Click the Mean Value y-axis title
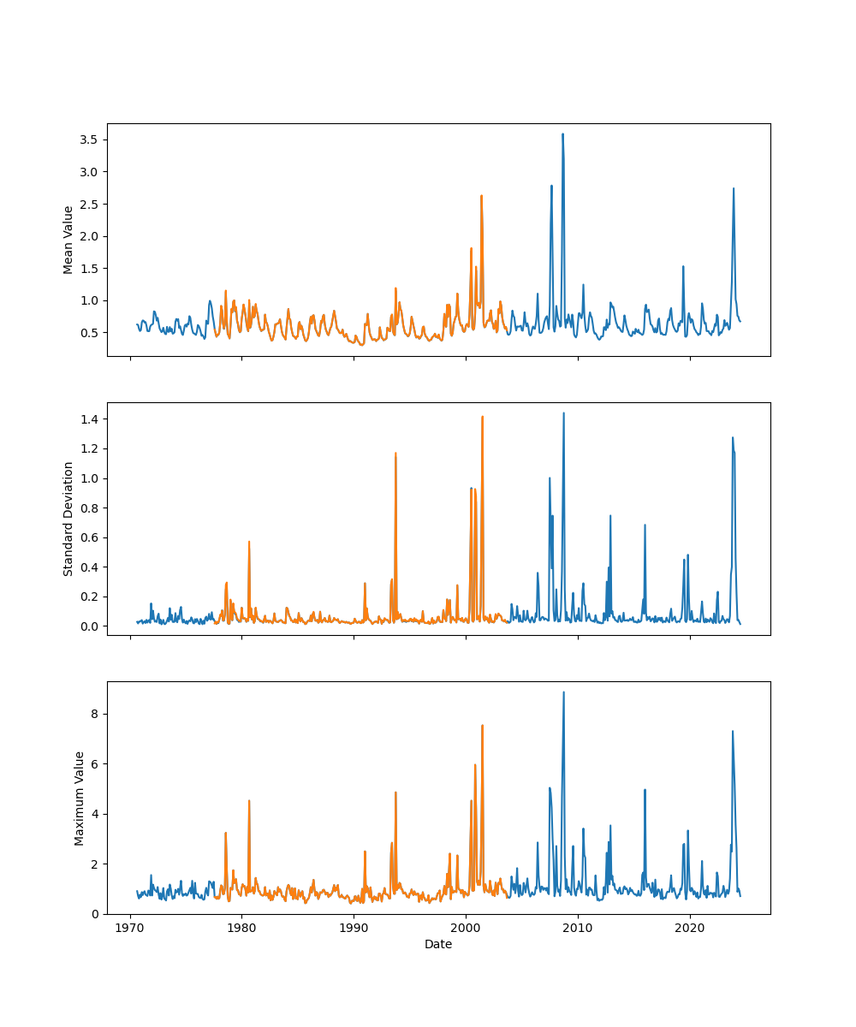click(68, 240)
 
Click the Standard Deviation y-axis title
click(68, 519)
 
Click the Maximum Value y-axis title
click(80, 798)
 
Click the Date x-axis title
click(438, 944)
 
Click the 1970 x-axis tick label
click(130, 927)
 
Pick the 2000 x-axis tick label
click(466, 927)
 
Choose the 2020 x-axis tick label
click(690, 927)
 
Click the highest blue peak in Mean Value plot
click(562, 134)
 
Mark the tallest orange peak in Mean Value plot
click(481, 196)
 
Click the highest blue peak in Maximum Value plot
click(563, 692)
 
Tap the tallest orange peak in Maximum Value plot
click(482, 726)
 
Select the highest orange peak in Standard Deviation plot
click(482, 417)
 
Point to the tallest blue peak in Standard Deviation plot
click(563, 413)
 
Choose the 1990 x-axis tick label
click(354, 927)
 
